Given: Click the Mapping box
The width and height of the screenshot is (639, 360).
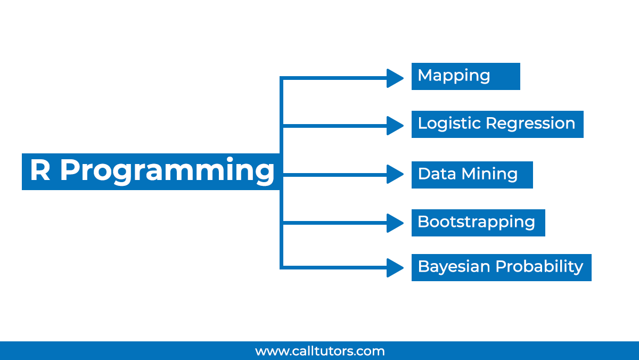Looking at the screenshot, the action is click(465, 77).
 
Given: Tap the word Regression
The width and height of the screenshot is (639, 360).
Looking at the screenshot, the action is click(530, 124).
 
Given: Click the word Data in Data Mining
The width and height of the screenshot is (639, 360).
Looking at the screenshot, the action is click(437, 174).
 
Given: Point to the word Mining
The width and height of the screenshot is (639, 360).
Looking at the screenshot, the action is click(489, 175).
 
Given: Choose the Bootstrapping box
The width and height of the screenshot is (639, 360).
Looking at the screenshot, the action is click(478, 223).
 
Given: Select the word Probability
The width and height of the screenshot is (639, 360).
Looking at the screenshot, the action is click(539, 267).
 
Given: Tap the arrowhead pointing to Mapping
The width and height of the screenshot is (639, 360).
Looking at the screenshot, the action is click(395, 78).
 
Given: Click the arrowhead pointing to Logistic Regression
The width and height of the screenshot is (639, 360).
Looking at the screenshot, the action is click(395, 126).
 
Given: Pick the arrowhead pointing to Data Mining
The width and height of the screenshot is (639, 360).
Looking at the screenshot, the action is click(395, 174).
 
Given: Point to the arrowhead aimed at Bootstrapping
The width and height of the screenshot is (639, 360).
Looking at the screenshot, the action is click(395, 223).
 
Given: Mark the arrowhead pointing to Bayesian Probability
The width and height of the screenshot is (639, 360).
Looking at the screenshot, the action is click(395, 267).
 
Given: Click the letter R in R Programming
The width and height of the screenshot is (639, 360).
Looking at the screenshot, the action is click(40, 170).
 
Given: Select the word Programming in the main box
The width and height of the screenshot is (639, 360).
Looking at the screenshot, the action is click(167, 171).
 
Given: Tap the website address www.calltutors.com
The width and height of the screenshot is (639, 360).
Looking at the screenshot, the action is click(320, 351).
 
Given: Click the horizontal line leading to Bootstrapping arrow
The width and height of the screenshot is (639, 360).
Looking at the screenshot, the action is click(335, 223).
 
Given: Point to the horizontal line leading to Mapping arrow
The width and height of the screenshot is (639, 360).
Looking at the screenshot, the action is click(335, 78).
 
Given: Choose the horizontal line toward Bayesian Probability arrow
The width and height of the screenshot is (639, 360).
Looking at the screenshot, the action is click(335, 267).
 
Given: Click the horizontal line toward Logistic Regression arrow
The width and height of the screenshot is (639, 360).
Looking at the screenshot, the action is click(335, 126).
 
